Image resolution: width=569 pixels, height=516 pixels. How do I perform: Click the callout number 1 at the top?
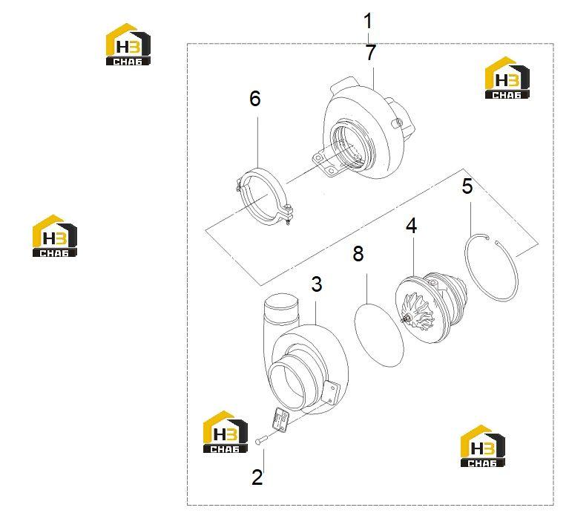368,22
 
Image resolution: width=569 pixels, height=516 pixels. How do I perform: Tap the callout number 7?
370,53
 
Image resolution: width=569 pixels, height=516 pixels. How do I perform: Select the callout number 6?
255,99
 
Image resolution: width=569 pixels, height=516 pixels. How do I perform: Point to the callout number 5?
467,186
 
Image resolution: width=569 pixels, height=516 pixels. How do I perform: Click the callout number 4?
411,226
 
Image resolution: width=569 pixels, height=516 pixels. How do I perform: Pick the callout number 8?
358,253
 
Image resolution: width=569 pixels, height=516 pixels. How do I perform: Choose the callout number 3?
317,284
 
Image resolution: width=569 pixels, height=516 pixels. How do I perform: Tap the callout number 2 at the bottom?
257,477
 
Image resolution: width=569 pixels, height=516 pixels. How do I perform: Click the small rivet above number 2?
261,440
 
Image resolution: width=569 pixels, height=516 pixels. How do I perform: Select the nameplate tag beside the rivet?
280,419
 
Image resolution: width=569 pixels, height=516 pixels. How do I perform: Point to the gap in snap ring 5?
492,240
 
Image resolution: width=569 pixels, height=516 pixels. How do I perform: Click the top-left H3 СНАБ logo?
128,45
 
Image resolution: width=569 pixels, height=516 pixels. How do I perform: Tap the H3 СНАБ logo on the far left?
54,235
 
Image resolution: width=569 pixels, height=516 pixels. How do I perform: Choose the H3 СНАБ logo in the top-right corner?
507,78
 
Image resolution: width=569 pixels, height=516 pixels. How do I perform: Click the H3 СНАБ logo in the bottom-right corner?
483,446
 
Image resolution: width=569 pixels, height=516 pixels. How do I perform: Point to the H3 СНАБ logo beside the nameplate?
226,432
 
